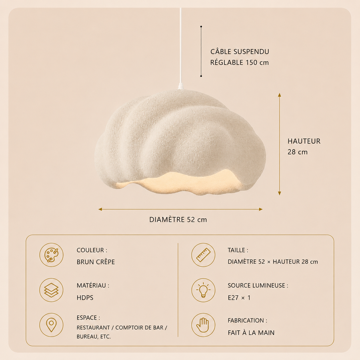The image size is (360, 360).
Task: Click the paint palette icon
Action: (x=51, y=255)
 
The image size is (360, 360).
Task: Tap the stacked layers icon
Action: (x=51, y=290)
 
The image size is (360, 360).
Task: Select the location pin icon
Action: (x=51, y=325)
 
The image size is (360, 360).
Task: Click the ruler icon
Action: (x=203, y=255)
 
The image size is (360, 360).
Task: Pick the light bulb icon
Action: (x=203, y=290)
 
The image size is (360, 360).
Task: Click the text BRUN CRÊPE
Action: (x=96, y=262)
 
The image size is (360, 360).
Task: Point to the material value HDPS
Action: (x=85, y=298)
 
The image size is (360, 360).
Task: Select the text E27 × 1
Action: (x=239, y=298)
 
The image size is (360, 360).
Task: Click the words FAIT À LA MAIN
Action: (x=251, y=332)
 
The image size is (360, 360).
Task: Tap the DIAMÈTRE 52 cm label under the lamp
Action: (x=178, y=220)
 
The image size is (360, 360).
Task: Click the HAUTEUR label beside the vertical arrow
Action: (x=304, y=141)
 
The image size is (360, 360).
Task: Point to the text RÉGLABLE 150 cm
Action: (x=240, y=62)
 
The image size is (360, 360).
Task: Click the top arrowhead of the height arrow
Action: (x=280, y=94)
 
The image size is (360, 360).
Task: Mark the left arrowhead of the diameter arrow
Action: (x=100, y=209)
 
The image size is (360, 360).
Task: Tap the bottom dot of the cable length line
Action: (x=201, y=76)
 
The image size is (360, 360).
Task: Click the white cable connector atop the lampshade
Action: (x=180, y=86)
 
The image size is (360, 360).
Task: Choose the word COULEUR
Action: (x=90, y=250)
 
